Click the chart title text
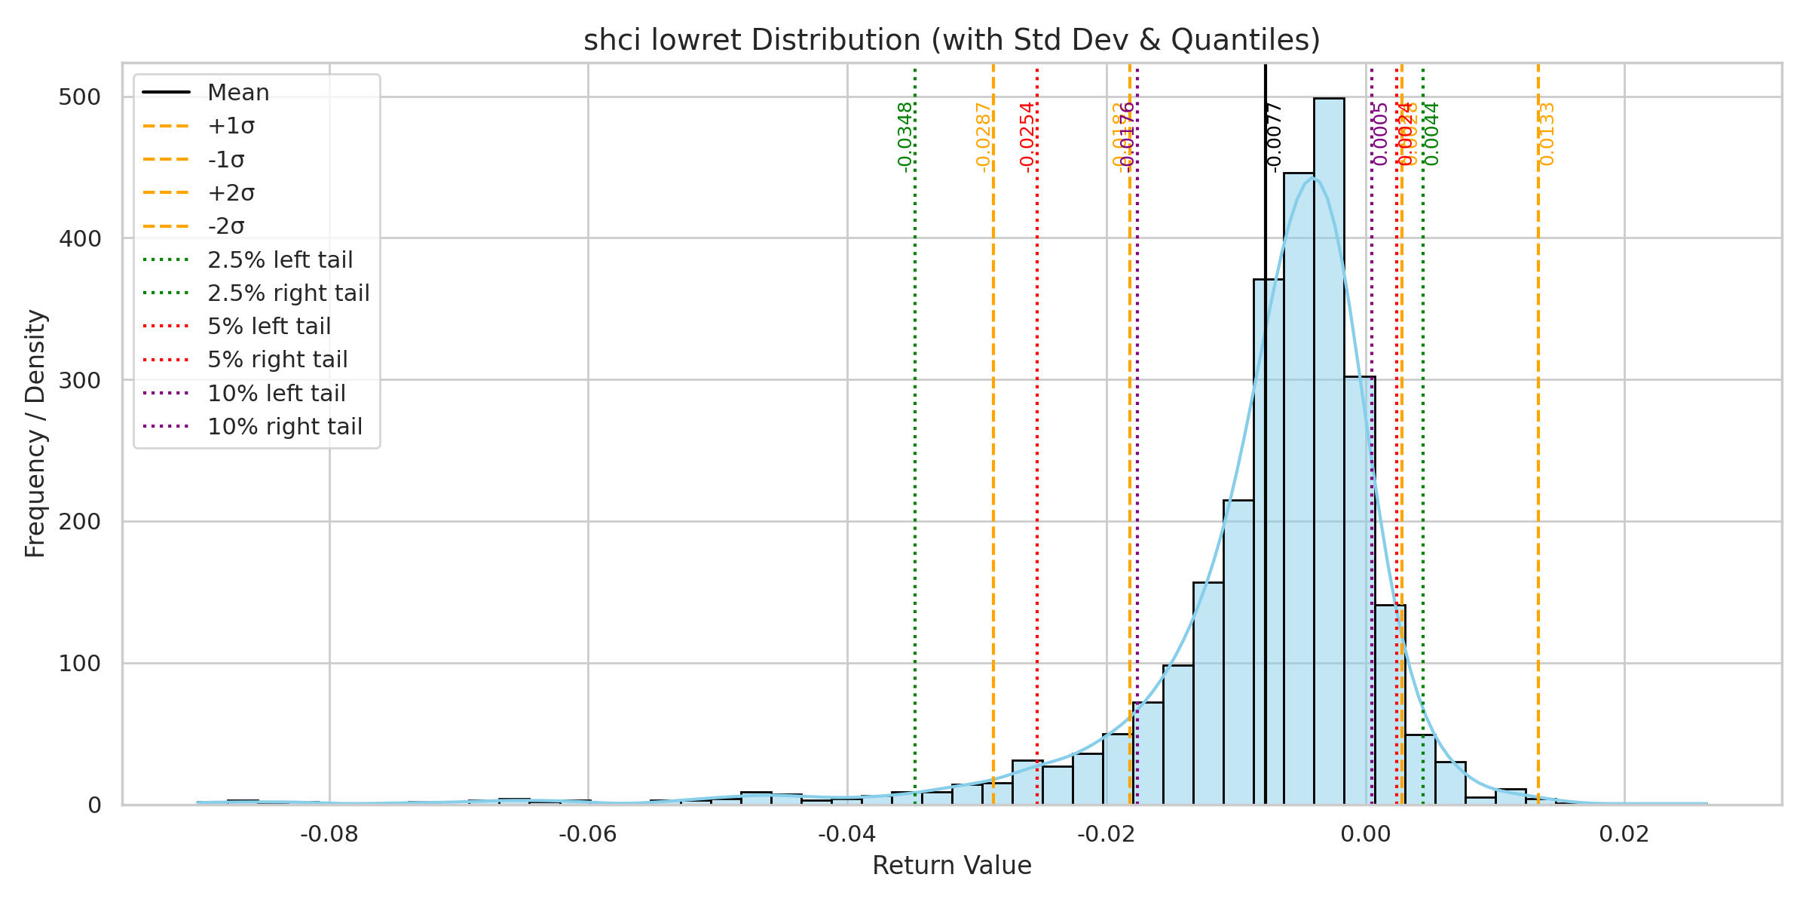[x=951, y=40]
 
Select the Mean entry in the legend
[x=238, y=93]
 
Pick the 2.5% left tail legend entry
[x=280, y=260]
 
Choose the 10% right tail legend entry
[x=284, y=427]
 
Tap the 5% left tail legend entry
[x=269, y=327]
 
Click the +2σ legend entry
[x=231, y=193]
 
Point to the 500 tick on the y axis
[x=79, y=97]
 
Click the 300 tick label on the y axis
[x=79, y=380]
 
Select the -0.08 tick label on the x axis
[x=329, y=834]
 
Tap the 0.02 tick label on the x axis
[x=1624, y=834]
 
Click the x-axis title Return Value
[x=951, y=866]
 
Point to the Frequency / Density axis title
[x=35, y=434]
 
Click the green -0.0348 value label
[x=905, y=137]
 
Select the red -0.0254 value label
[x=1027, y=137]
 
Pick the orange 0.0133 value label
[x=1547, y=134]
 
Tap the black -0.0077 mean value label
[x=1274, y=137]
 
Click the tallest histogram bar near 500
[x=1329, y=452]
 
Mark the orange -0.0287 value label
[x=983, y=137]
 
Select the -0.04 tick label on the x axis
[x=847, y=834]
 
